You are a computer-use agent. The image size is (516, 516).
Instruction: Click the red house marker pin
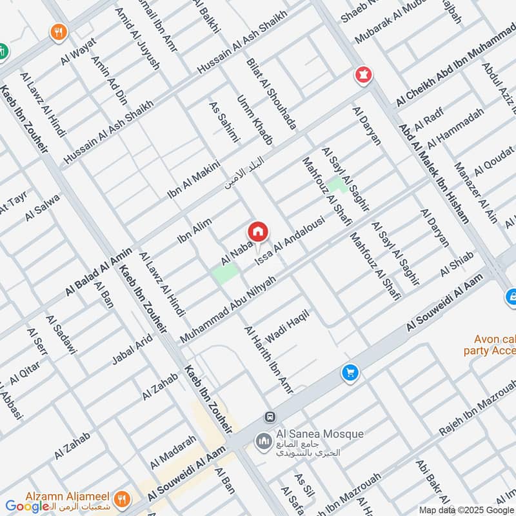pos(257,232)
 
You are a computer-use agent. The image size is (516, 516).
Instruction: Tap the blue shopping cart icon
pos(350,373)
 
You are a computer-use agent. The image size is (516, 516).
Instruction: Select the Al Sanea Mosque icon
pos(263,441)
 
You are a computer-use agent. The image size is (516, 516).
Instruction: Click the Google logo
pos(27,506)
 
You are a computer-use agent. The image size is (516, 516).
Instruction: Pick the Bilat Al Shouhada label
pos(272,94)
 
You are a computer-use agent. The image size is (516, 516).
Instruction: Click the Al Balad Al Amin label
pos(98,272)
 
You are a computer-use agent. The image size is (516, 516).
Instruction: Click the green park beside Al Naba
pos(225,273)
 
